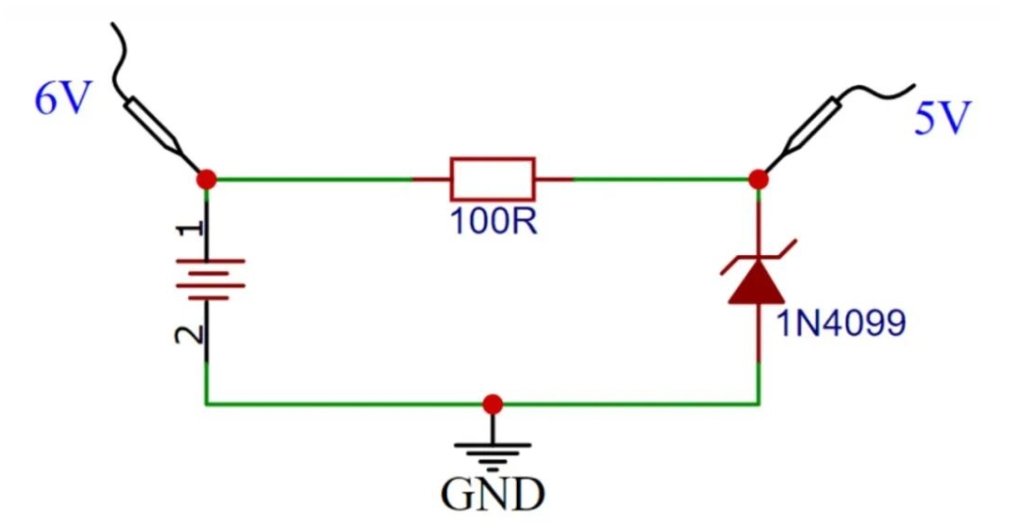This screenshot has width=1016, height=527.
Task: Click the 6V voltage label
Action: click(62, 99)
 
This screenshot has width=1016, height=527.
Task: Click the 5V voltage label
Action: click(941, 120)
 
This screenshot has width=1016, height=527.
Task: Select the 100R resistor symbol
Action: click(492, 179)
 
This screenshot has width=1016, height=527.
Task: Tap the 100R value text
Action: click(492, 221)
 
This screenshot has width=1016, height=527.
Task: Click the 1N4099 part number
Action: click(841, 323)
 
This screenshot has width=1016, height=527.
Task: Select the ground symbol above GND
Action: click(492, 453)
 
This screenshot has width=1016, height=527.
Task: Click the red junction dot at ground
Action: click(493, 403)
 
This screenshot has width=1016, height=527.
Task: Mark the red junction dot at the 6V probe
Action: click(206, 179)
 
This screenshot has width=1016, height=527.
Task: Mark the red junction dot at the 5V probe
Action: click(757, 179)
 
